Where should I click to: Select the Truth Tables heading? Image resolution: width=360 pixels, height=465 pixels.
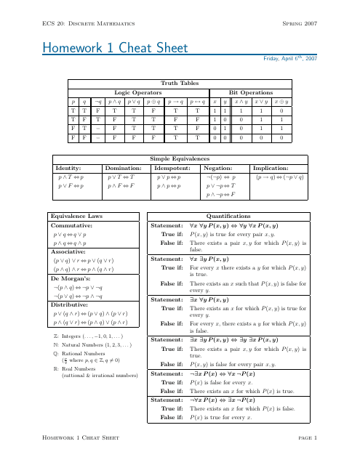[179, 84]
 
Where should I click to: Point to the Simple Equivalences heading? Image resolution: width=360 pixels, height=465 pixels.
[179, 158]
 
